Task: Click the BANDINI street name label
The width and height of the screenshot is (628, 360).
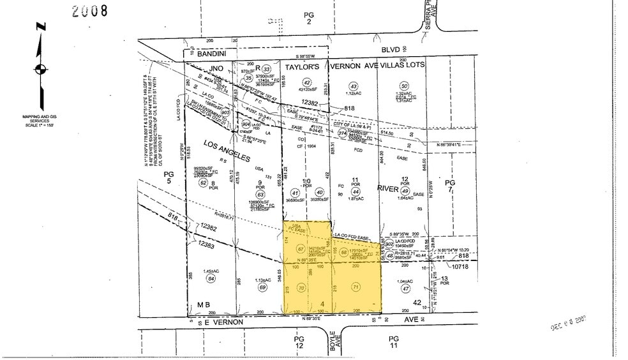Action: click(212, 55)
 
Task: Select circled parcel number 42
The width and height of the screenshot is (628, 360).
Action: click(307, 82)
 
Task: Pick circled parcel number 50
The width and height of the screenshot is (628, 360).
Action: click(403, 86)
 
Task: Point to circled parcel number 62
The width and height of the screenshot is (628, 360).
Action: click(203, 183)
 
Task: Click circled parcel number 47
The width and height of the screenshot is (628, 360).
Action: click(405, 289)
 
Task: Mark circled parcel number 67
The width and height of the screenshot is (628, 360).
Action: click(301, 249)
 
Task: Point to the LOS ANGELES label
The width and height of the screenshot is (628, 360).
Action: click(227, 150)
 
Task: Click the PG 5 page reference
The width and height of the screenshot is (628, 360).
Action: click(168, 177)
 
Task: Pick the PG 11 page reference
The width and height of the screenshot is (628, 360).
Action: click(393, 341)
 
